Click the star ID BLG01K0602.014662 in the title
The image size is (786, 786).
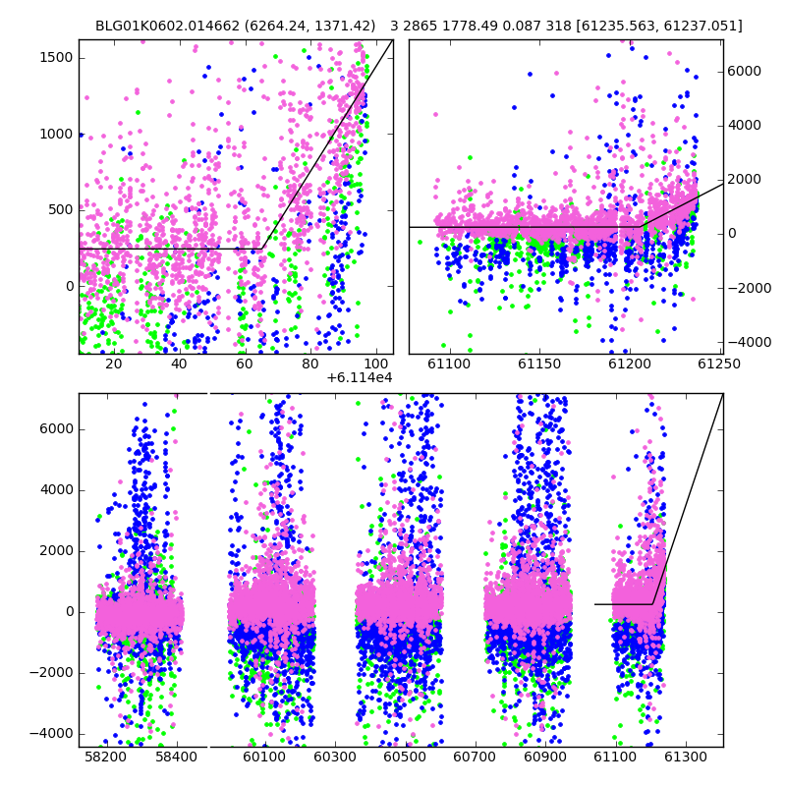point(167,26)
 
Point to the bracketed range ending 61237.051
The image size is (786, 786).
point(659,26)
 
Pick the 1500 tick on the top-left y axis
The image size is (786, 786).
point(56,58)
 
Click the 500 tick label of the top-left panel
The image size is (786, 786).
point(61,210)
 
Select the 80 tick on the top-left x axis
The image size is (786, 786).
point(310,364)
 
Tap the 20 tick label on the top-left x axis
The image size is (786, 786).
point(114,364)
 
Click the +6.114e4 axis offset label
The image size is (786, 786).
point(360,377)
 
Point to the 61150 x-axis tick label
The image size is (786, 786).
point(539,364)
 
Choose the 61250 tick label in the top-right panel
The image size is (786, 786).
point(719,364)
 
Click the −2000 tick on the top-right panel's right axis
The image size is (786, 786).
point(750,288)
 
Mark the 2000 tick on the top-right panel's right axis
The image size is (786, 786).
point(745,179)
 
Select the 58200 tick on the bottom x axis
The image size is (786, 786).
point(105,757)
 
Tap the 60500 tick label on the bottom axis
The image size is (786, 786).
point(404,757)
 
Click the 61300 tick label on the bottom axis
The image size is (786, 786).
point(685,757)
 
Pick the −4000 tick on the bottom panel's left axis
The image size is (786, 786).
point(51,734)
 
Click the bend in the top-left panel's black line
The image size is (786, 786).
point(262,249)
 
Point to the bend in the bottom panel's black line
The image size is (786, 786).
point(652,604)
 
